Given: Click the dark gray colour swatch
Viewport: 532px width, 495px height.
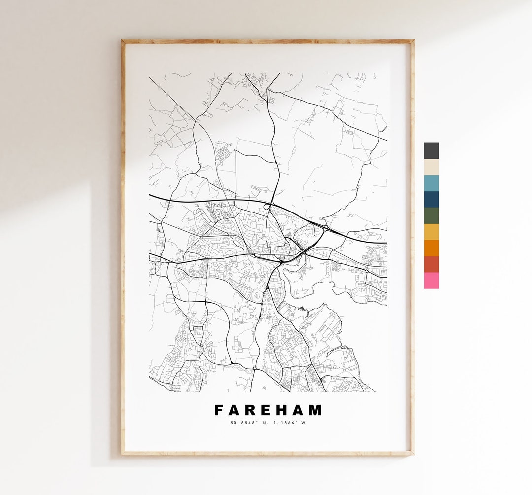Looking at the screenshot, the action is click(431, 151).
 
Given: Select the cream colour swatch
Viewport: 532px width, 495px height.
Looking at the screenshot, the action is click(431, 167).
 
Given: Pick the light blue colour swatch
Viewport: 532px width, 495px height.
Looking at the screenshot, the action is click(431, 183).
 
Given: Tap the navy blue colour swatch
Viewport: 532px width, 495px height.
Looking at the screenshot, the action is click(431, 200).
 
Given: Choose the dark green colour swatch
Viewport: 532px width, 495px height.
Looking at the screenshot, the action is click(431, 216).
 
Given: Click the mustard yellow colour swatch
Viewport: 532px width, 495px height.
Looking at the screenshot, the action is click(431, 232).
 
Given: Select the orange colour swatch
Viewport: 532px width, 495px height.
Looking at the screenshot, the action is click(431, 248).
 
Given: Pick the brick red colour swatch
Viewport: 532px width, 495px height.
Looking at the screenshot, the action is click(431, 264).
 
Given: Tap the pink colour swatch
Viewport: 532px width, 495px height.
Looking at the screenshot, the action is click(431, 281).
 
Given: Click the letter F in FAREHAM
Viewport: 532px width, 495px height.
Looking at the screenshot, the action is click(218, 410).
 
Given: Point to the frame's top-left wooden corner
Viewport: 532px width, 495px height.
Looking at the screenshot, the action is click(124, 42).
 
